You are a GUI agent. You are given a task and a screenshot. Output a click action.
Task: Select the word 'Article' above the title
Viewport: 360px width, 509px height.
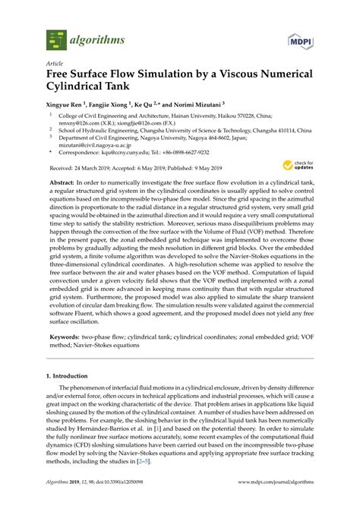click(55, 64)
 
